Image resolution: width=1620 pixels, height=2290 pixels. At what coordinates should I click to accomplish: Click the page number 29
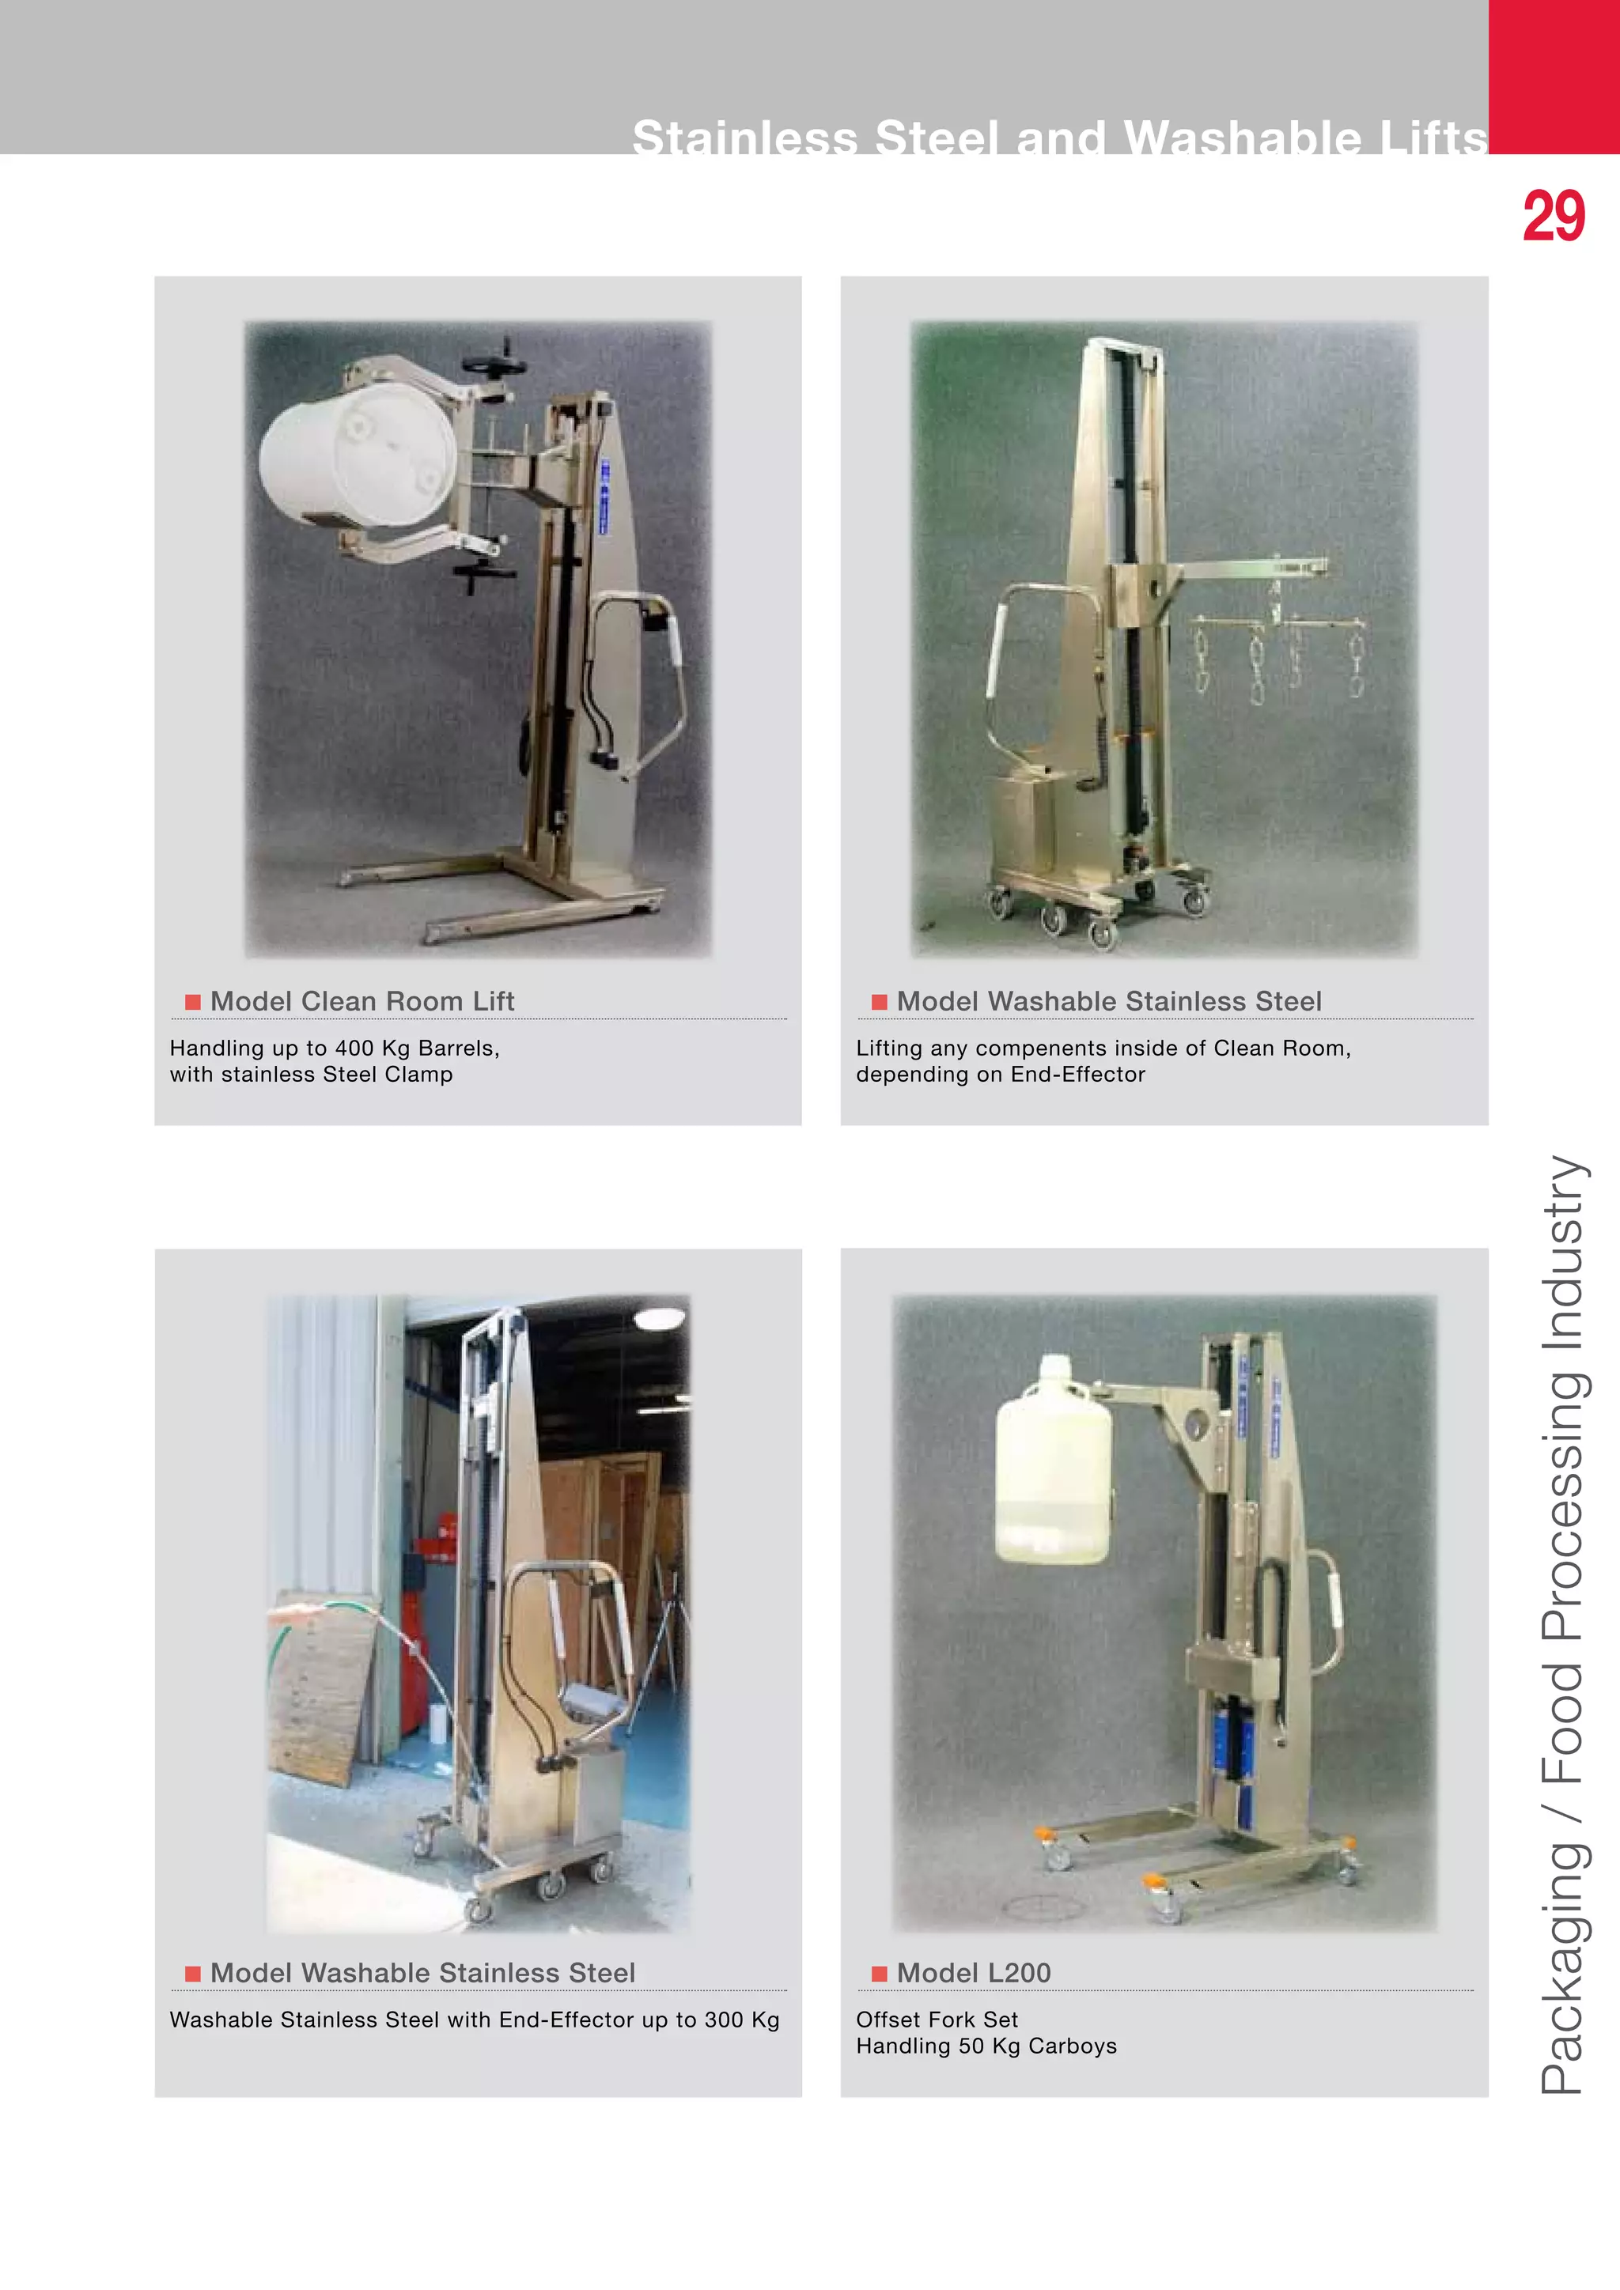pos(1554,217)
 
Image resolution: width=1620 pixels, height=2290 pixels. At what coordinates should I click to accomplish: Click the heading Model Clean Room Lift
pos(362,1001)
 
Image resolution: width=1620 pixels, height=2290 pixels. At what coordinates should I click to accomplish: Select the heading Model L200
pos(974,1973)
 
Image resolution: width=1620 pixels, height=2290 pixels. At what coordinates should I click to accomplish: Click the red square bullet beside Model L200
pos(879,1974)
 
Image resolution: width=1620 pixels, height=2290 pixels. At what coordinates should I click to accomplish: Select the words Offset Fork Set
pos(937,2020)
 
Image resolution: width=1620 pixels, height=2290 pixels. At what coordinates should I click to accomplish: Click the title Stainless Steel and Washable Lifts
pos(1059,137)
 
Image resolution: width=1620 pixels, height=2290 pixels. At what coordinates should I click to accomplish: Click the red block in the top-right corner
pos(1554,76)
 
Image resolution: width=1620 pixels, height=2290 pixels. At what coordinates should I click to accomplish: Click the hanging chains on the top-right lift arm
pos(1277,658)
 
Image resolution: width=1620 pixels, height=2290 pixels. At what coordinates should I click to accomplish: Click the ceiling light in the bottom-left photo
pos(660,1318)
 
